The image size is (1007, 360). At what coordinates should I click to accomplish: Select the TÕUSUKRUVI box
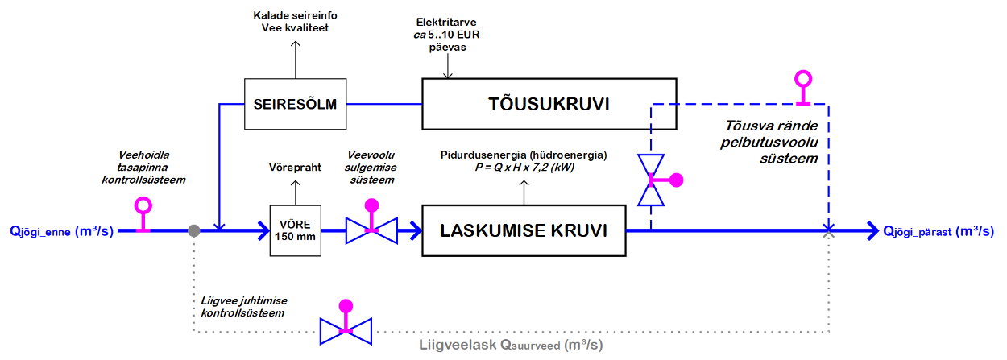[549, 104]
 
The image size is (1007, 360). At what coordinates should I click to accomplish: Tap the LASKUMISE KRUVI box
[524, 231]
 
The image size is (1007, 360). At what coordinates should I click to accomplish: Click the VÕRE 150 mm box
[293, 230]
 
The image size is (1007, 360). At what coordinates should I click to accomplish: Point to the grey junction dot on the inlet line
[193, 230]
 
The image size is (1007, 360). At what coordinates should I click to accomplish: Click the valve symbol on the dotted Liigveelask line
[346, 329]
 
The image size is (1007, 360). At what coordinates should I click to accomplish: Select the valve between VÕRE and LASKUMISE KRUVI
[371, 230]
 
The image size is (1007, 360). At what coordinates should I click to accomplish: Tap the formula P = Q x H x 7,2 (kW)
[524, 166]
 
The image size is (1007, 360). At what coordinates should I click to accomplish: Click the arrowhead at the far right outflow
[872, 231]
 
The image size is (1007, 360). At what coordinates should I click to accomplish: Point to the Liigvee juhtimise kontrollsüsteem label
[241, 306]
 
